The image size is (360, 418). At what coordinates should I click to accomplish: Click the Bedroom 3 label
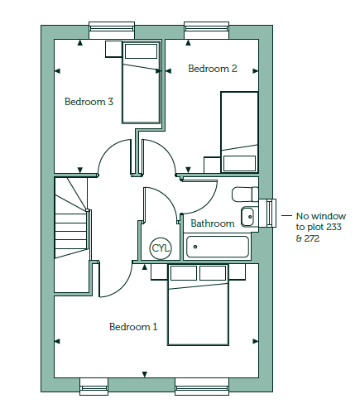89,102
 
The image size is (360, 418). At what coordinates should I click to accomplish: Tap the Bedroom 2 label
213,69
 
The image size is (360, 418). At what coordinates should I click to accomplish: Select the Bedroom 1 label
133,327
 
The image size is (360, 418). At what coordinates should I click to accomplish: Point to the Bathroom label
213,223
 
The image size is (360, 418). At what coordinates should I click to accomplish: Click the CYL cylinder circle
161,248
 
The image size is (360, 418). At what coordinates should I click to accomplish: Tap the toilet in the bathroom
245,195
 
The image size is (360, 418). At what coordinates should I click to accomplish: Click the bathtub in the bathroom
218,247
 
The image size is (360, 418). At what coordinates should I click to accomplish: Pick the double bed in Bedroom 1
198,305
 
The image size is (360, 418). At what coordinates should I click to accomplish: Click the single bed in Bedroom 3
141,82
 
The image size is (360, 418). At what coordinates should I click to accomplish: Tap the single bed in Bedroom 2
239,132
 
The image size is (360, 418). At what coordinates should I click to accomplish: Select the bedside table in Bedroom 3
113,49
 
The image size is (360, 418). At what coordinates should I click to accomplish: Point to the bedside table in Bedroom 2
212,165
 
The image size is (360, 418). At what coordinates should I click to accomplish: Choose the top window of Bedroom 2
207,31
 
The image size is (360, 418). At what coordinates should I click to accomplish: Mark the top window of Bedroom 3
112,31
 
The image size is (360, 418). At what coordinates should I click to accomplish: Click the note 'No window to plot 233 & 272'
320,227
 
